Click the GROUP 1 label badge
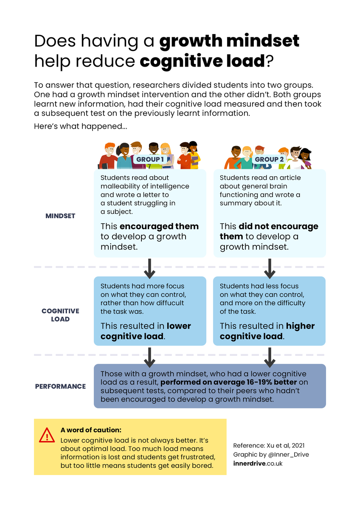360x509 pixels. pyautogui.click(x=150, y=159)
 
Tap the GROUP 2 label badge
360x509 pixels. pyautogui.click(x=269, y=159)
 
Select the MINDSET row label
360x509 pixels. pyautogui.click(x=60, y=216)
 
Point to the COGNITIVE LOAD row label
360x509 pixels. pyautogui.click(x=60, y=315)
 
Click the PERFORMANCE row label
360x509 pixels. pyautogui.click(x=60, y=386)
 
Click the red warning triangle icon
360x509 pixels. pyautogui.click(x=47, y=435)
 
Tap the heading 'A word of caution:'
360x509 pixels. pyautogui.click(x=91, y=430)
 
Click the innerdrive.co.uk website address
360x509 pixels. pyautogui.click(x=258, y=463)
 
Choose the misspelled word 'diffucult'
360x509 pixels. pyautogui.click(x=169, y=303)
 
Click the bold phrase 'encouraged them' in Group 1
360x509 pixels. pyautogui.click(x=159, y=226)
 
